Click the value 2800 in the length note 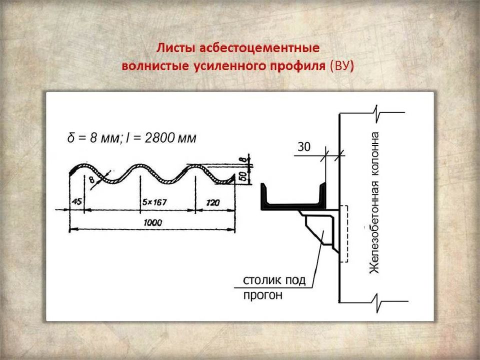pyautogui.click(x=158, y=138)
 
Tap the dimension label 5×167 pyautogui.click(x=154, y=202)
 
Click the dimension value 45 pyautogui.click(x=77, y=202)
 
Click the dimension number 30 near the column pyautogui.click(x=304, y=147)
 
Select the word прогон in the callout pyautogui.click(x=262, y=295)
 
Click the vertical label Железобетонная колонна pyautogui.click(x=375, y=202)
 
